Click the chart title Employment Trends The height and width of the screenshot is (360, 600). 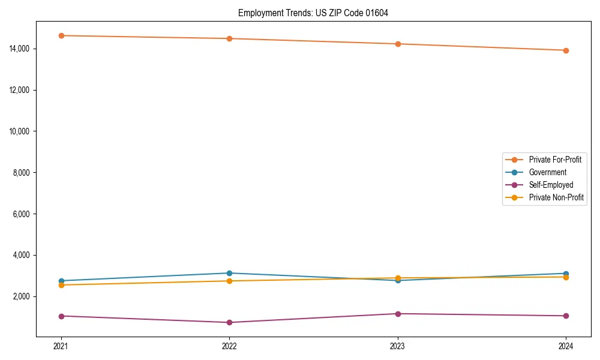[x=313, y=13]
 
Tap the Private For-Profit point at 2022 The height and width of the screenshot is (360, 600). [x=229, y=38]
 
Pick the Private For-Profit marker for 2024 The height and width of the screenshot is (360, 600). [x=566, y=50]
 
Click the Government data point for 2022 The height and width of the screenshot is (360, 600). [x=229, y=273]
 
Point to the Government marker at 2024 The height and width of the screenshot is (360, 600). [x=566, y=274]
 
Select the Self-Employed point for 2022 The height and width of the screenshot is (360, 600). [x=229, y=322]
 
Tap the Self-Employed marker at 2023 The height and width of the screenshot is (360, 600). [x=397, y=314]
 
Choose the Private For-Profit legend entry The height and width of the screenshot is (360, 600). [x=554, y=160]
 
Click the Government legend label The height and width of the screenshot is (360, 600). [x=547, y=172]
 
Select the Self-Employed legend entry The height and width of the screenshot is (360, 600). [x=551, y=185]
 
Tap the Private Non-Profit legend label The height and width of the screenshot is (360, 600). [x=556, y=197]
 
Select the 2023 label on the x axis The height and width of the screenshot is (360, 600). [x=397, y=346]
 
